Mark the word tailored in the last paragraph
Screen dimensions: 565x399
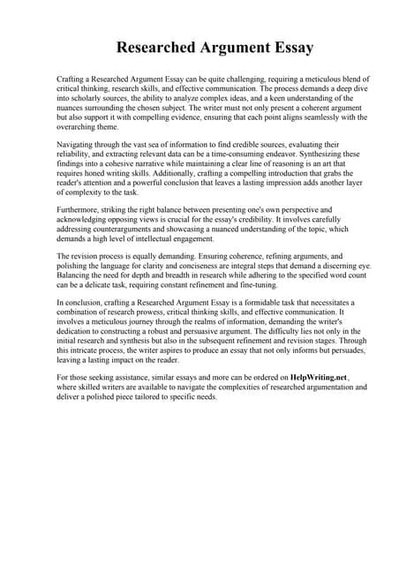click(171, 397)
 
